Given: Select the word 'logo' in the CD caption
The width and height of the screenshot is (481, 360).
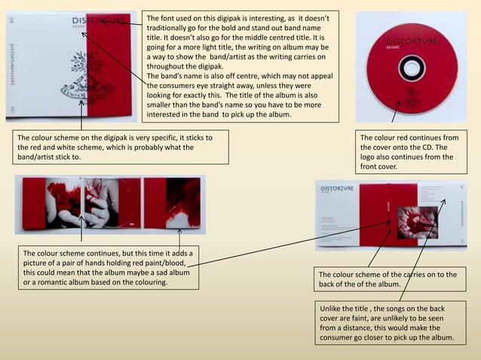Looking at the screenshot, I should (x=372, y=157).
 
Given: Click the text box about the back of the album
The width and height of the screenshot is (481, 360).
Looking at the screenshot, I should (x=388, y=279).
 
